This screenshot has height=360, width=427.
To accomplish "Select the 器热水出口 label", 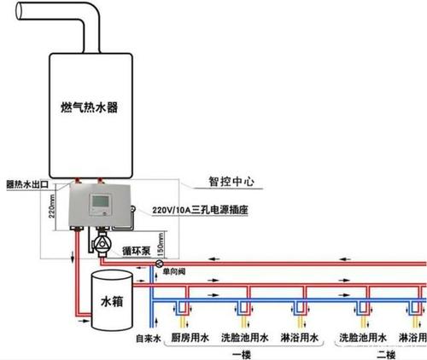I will (x=26, y=183).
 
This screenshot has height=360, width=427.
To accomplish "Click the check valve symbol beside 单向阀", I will (x=159, y=265).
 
